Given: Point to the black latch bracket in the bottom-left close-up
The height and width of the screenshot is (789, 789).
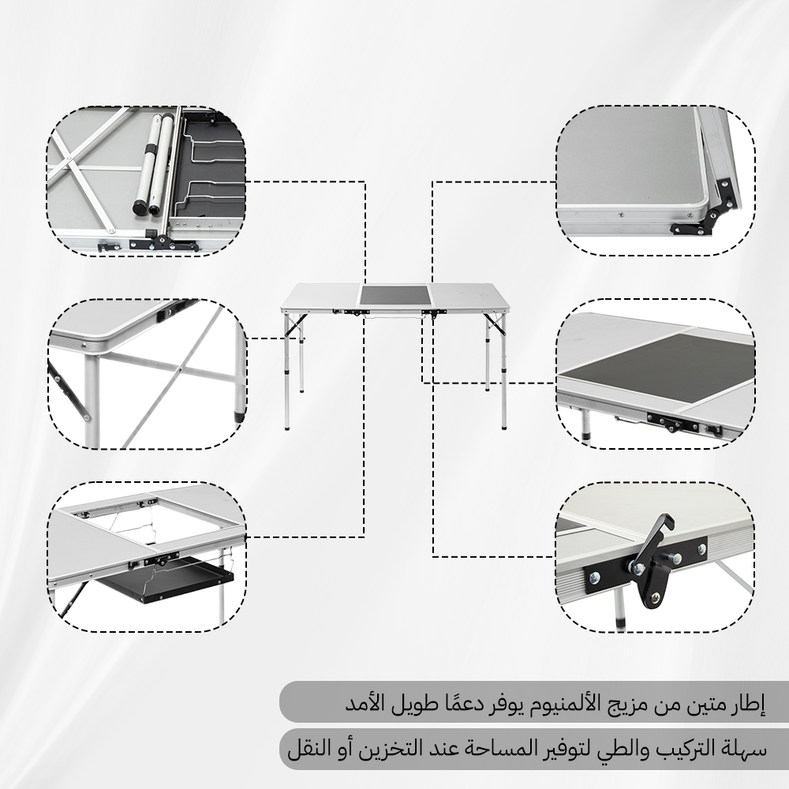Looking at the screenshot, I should (160, 562).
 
